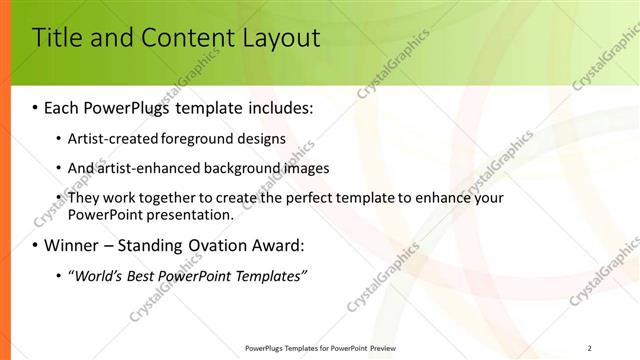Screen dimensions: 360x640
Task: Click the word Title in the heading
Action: [x=56, y=39]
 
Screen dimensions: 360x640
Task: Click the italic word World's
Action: [x=95, y=275]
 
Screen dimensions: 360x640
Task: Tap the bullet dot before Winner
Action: [x=35, y=245]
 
